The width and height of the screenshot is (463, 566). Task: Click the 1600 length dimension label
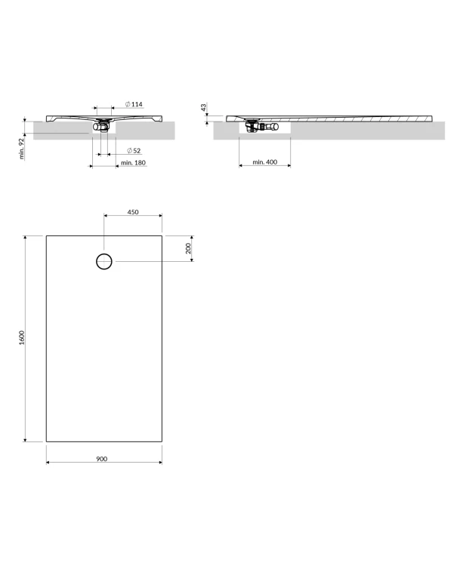[22, 337]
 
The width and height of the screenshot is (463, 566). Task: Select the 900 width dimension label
[102, 459]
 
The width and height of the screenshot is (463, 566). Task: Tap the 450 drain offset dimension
[133, 212]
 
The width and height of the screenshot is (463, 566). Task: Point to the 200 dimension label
[188, 248]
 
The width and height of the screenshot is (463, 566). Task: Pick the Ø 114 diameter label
[134, 104]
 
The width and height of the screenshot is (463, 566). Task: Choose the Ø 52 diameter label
[134, 150]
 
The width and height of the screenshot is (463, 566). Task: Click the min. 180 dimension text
[133, 163]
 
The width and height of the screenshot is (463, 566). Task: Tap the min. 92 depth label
[21, 149]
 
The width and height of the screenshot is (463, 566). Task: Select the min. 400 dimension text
[265, 162]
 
